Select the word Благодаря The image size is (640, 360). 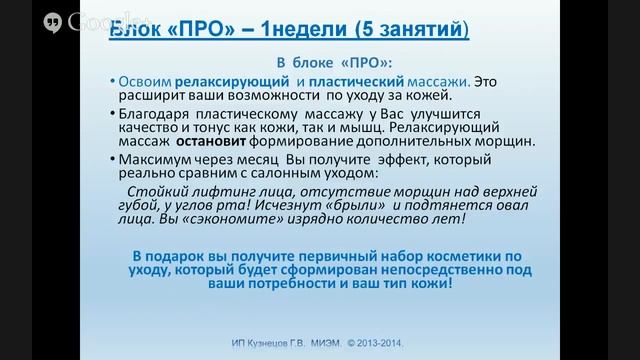155,114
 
